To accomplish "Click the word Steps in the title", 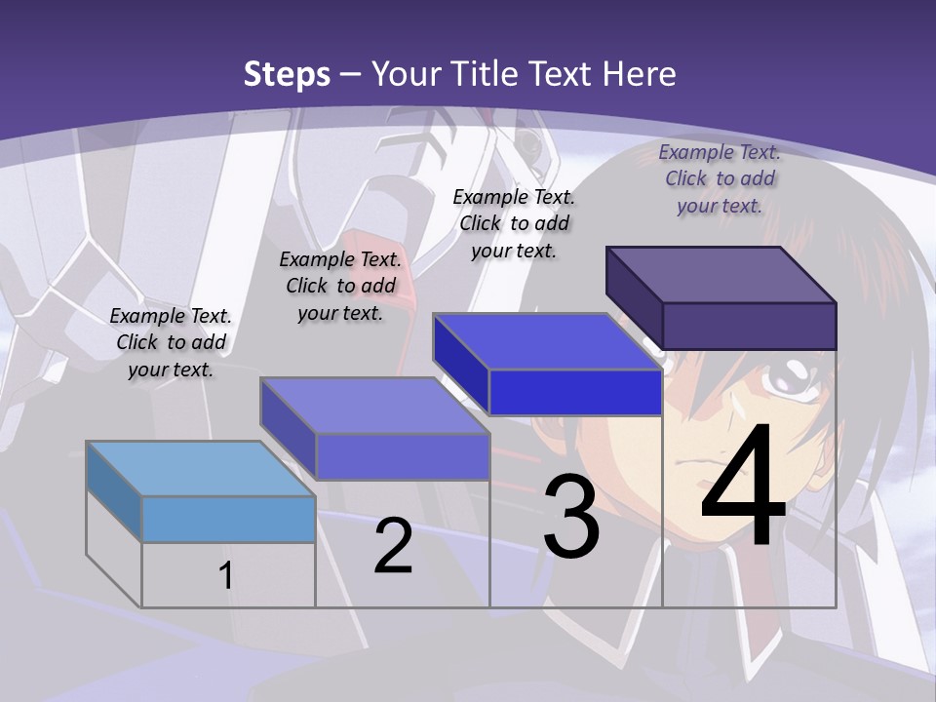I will pos(287,74).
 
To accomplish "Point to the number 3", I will pos(571,517).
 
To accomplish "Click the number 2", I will pos(393,546).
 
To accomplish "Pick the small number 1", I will pos(225,575).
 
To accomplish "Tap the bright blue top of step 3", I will pos(547,341).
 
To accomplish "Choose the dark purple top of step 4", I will pos(721,275).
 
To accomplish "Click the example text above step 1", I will pos(171,342).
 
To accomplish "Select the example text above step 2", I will pos(340,286).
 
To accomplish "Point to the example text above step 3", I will pos(514,223).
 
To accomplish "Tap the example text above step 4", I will pos(720,178).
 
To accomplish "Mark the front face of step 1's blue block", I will pos(228,519).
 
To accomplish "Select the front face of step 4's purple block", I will pos(749,326).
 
